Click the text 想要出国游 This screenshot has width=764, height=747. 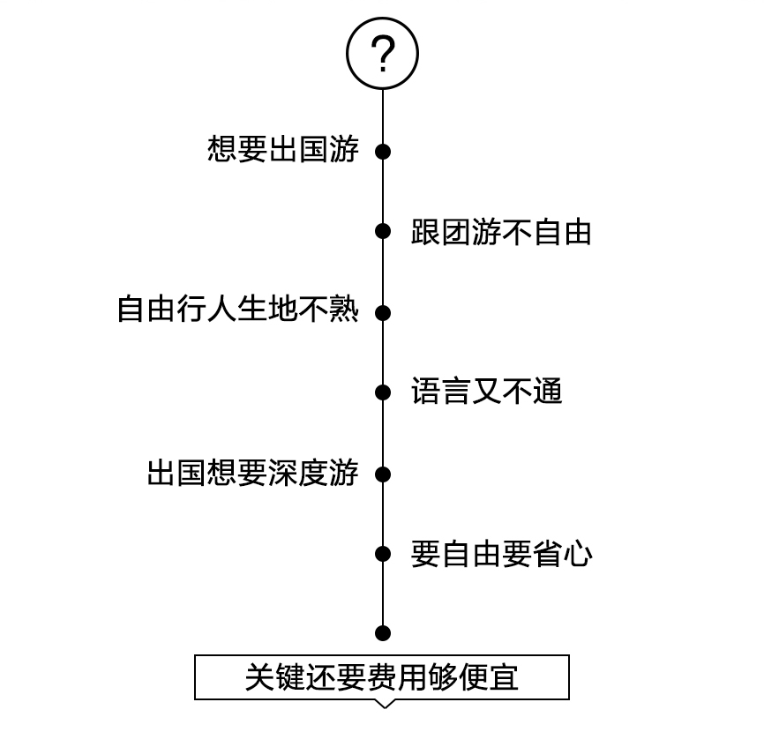[x=283, y=149]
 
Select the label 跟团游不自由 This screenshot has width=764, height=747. [x=501, y=232]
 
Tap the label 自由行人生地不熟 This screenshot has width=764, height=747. [x=238, y=309]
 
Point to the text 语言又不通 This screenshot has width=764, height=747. [x=487, y=391]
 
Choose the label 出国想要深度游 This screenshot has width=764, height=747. [x=253, y=473]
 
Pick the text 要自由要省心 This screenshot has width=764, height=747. [x=501, y=554]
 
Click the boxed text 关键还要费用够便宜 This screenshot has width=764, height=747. [x=382, y=677]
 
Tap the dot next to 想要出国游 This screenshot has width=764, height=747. [x=383, y=152]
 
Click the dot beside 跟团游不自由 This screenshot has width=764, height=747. [x=383, y=231]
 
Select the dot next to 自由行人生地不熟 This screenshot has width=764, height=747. [x=383, y=312]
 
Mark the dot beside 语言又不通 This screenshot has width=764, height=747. [x=383, y=392]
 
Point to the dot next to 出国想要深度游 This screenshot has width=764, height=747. [x=383, y=474]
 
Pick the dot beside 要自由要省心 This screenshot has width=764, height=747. [x=383, y=554]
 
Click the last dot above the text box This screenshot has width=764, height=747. [x=383, y=633]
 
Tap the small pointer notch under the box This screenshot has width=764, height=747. [x=385, y=704]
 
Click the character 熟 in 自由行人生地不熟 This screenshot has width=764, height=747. [x=344, y=309]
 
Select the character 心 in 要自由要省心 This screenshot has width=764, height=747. [x=578, y=554]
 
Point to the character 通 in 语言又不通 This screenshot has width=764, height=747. [x=548, y=391]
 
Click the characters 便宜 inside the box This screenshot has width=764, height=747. [x=489, y=677]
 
